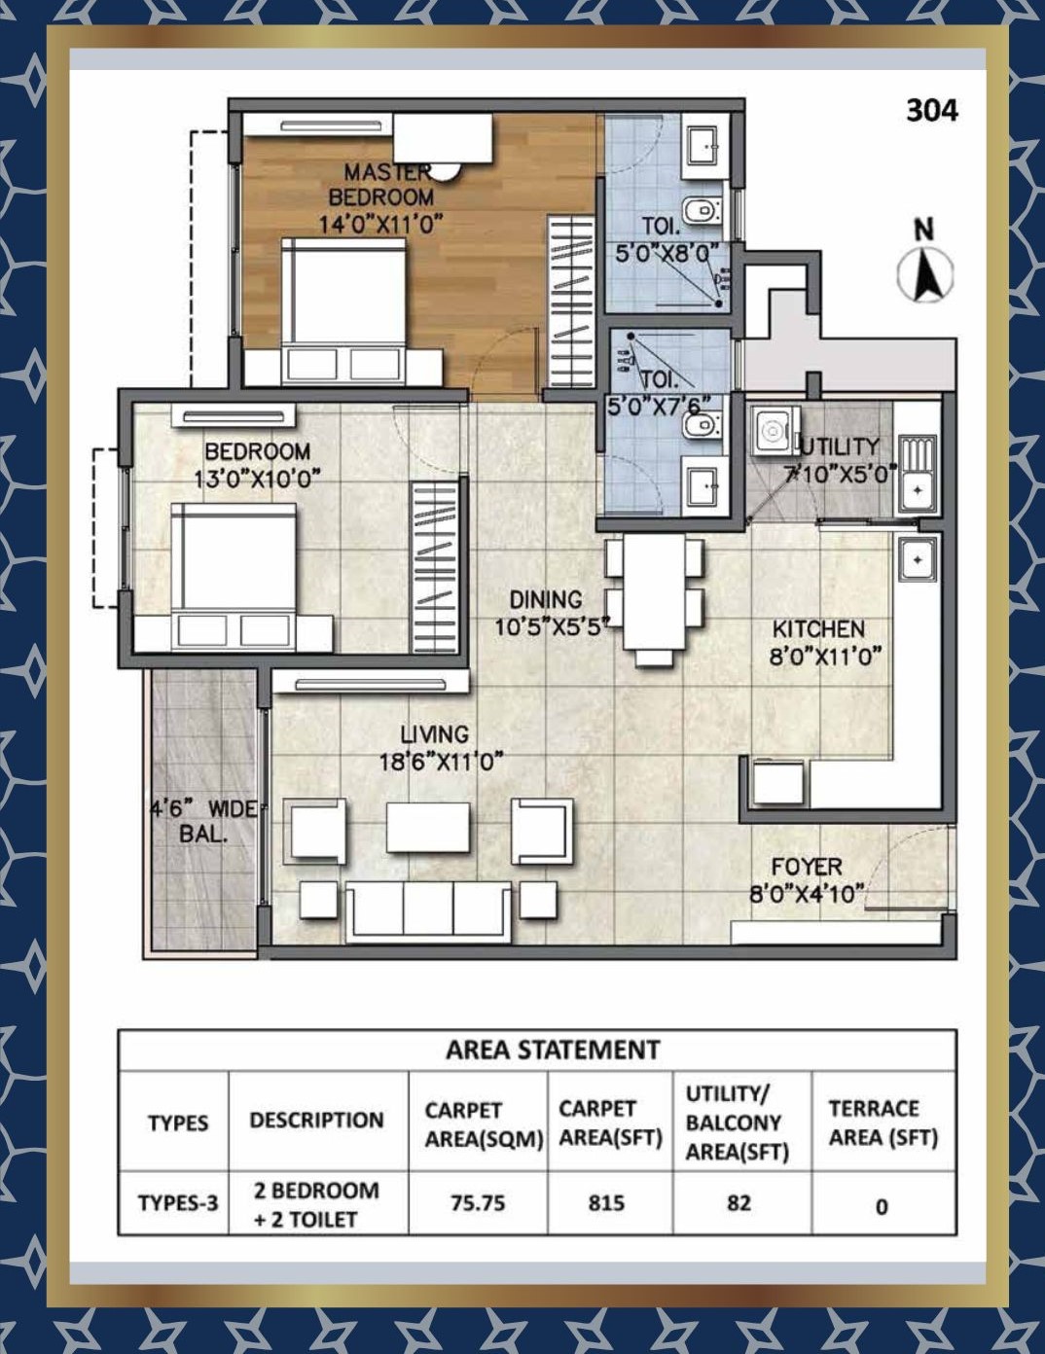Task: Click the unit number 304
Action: (931, 111)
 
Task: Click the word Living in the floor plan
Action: (434, 734)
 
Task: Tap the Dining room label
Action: (546, 599)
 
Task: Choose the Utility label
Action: (839, 446)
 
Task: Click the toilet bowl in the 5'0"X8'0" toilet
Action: (703, 210)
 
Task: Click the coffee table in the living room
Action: (427, 827)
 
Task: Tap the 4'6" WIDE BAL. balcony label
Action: (203, 821)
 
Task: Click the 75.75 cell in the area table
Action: (478, 1202)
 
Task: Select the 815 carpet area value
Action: (605, 1202)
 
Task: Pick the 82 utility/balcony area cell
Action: (739, 1202)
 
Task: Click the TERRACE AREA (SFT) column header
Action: (883, 1122)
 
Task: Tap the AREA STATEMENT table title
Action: (553, 1050)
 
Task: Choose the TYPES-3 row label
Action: (178, 1202)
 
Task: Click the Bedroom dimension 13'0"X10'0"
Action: (257, 480)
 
